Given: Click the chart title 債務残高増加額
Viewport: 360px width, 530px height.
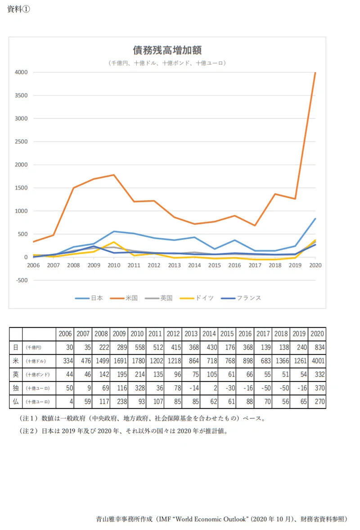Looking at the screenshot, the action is point(167,50).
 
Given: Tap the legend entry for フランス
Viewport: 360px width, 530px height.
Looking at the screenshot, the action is point(241,298).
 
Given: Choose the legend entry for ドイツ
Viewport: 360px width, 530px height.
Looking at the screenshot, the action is point(197,298).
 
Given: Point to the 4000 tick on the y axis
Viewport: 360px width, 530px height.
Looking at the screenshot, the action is point(21,72).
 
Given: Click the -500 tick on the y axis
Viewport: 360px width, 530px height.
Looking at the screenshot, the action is point(22,280).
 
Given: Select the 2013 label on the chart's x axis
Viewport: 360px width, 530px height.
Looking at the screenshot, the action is point(174,265).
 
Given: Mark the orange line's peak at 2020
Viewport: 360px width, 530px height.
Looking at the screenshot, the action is point(315,72).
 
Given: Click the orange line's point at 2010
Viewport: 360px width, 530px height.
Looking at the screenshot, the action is point(114,175).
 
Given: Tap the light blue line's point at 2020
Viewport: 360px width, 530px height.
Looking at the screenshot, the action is point(315,219).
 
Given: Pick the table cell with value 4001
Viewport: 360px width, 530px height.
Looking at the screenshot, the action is point(318,361).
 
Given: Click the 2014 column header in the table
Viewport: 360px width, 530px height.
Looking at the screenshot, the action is point(209,334).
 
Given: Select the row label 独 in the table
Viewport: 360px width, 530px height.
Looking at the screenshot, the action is point(16,388).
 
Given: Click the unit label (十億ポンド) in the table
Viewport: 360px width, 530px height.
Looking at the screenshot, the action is point(38,375).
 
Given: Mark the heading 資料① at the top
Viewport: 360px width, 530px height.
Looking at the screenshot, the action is point(18,9).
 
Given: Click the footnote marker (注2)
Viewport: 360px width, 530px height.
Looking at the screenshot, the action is point(29,431).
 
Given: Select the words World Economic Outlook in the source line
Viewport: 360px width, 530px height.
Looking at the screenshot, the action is point(211,519).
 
